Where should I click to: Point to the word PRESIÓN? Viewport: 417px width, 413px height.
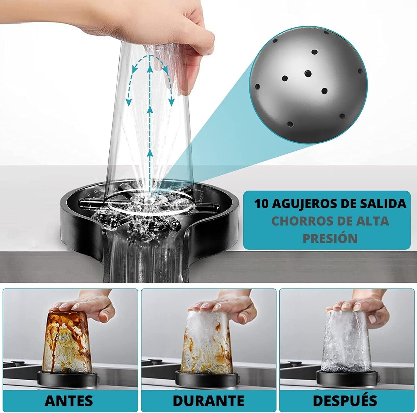click(330, 238)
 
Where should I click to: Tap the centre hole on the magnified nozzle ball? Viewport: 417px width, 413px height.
click(308, 74)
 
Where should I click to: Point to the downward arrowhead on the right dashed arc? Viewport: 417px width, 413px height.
click(172, 103)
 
